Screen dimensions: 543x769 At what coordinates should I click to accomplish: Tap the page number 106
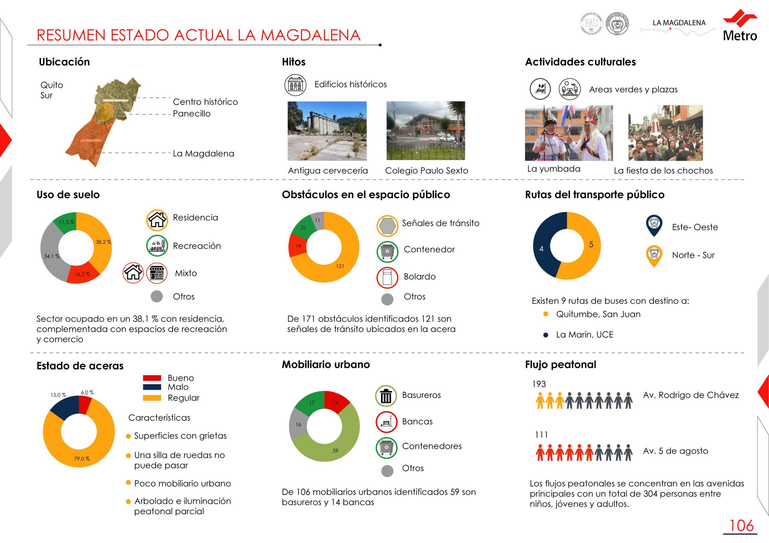pyautogui.click(x=741, y=526)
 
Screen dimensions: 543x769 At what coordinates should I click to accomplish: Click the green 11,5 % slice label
pyautogui.click(x=66, y=222)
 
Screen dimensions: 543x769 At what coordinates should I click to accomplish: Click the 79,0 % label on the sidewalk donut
pyautogui.click(x=82, y=458)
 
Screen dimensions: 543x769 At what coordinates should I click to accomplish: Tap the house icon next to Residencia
pyautogui.click(x=157, y=220)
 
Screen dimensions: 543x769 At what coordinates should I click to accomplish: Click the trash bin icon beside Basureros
pyautogui.click(x=386, y=396)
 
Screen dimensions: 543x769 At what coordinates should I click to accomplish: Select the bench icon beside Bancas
pyautogui.click(x=386, y=422)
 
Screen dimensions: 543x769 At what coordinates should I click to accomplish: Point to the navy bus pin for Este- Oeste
pyautogui.click(x=654, y=225)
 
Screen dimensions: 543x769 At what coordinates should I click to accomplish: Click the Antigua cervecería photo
pyautogui.click(x=327, y=131)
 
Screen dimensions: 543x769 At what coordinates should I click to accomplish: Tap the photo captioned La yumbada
pyautogui.click(x=568, y=133)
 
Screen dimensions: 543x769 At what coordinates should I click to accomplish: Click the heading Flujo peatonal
pyautogui.click(x=560, y=364)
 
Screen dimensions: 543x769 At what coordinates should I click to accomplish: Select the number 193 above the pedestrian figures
pyautogui.click(x=539, y=384)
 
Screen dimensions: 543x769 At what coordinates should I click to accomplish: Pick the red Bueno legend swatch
pyautogui.click(x=152, y=378)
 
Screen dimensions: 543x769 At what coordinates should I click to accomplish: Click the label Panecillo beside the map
pyautogui.click(x=192, y=114)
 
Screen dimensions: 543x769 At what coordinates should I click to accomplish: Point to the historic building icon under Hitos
pyautogui.click(x=296, y=85)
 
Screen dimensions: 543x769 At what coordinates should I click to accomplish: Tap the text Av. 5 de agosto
pyautogui.click(x=675, y=451)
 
